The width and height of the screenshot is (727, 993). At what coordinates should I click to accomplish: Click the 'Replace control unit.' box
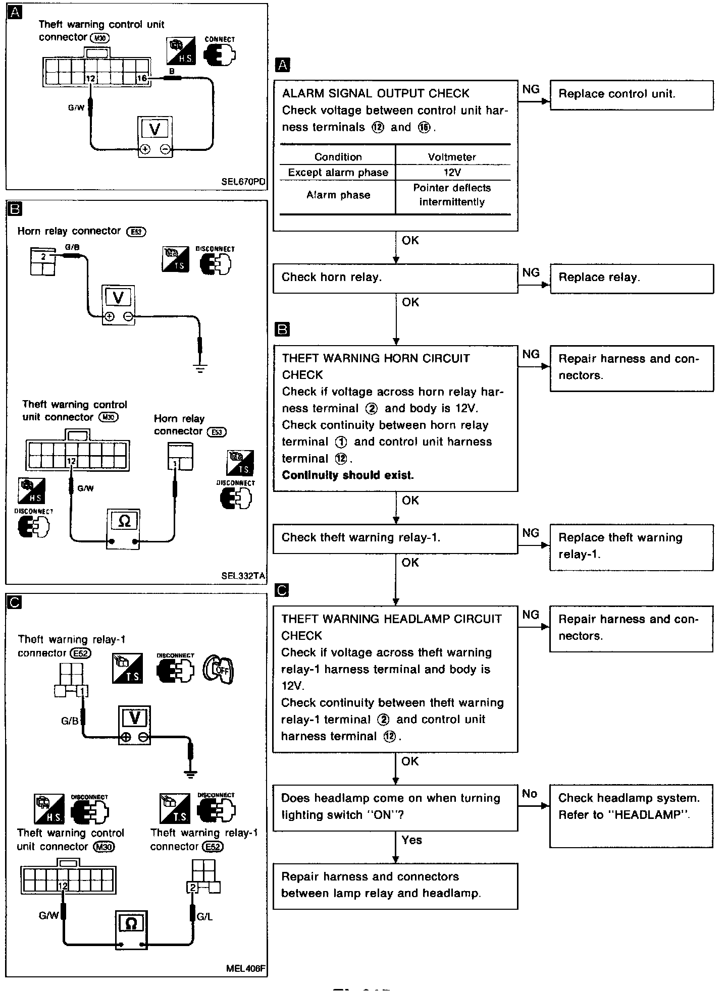pos(631,95)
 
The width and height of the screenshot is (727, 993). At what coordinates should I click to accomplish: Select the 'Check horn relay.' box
pos(395,278)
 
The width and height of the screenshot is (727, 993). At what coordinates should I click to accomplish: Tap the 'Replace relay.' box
pos(631,279)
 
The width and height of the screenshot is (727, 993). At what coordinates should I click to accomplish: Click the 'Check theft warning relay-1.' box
pos(395,538)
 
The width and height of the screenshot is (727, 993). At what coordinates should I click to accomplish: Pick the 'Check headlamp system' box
pos(631,815)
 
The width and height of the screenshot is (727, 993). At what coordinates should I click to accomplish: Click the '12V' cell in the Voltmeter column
pos(452,173)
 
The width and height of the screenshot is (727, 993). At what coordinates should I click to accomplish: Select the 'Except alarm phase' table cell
pos(338,173)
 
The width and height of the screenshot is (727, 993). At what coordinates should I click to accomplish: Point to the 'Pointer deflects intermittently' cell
pos(452,195)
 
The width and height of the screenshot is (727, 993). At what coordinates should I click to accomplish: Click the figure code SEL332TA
pos(243,576)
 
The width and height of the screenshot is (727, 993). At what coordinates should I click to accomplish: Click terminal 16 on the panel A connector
pos(142,79)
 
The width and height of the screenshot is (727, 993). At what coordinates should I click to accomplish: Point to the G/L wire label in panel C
pos(204,917)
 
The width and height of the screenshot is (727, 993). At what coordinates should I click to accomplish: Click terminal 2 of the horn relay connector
pos(43,257)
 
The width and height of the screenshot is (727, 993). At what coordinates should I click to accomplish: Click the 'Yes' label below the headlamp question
pos(412,840)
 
